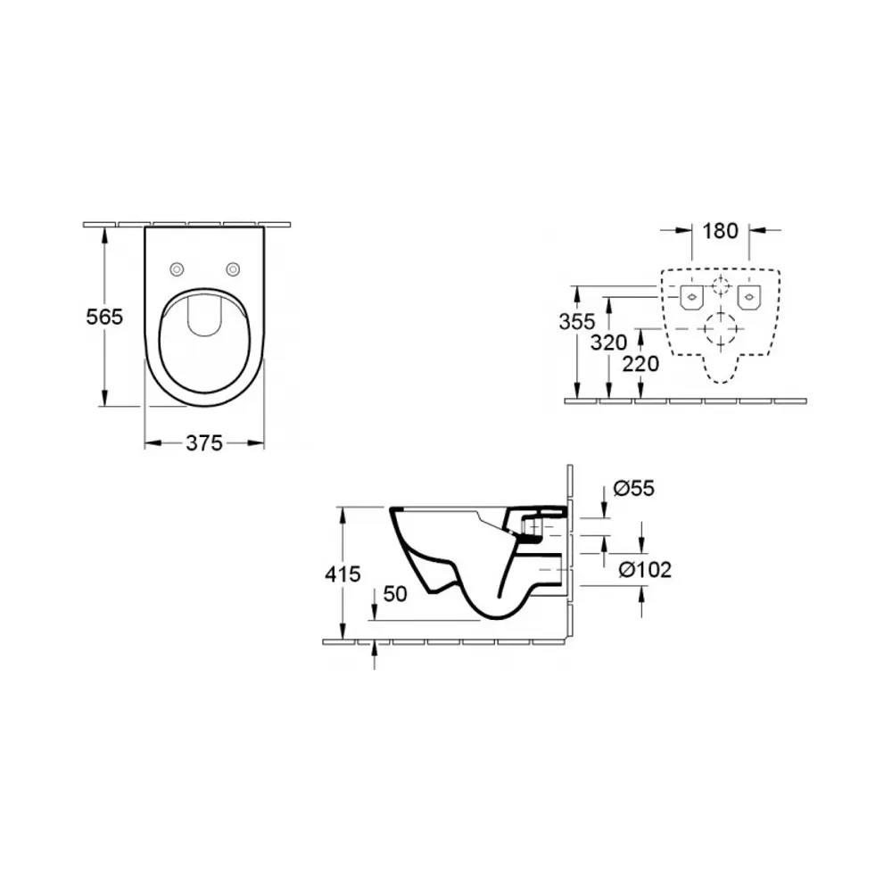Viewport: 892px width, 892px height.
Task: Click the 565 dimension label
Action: tap(104, 317)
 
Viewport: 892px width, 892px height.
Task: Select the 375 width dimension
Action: tap(204, 443)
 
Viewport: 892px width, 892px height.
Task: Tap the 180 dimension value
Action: tap(720, 231)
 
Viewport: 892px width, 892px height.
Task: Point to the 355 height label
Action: tap(577, 322)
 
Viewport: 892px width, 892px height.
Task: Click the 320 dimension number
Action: tap(608, 343)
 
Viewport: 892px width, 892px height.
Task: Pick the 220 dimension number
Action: tap(640, 364)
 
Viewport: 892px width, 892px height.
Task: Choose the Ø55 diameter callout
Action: tap(633, 488)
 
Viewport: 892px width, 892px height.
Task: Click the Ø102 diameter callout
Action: tap(645, 569)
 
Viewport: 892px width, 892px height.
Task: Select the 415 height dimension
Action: tap(343, 574)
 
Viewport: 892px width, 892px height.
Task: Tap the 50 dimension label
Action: tap(395, 594)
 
